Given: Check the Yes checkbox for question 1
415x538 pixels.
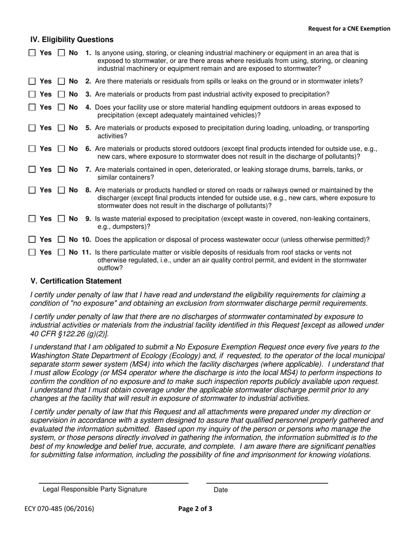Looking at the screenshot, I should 33,53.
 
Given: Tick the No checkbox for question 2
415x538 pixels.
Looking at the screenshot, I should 62,81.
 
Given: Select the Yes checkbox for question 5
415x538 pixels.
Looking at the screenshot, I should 33,128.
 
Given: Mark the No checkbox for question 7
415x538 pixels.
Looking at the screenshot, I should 62,170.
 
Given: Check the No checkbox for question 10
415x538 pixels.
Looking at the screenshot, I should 62,240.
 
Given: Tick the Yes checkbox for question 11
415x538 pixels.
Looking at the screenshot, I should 33,252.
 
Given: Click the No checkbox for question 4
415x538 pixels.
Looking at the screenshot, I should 62,108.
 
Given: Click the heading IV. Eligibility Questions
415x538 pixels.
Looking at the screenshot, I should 72,40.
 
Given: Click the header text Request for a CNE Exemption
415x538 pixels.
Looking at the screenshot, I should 349,29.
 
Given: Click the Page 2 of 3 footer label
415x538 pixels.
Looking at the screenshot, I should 195,509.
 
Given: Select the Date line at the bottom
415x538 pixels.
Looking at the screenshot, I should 266,483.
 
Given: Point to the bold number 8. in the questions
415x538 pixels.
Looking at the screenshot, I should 88,190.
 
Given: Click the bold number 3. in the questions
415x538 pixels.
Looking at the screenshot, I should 88,94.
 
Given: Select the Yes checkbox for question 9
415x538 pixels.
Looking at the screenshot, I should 33,219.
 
